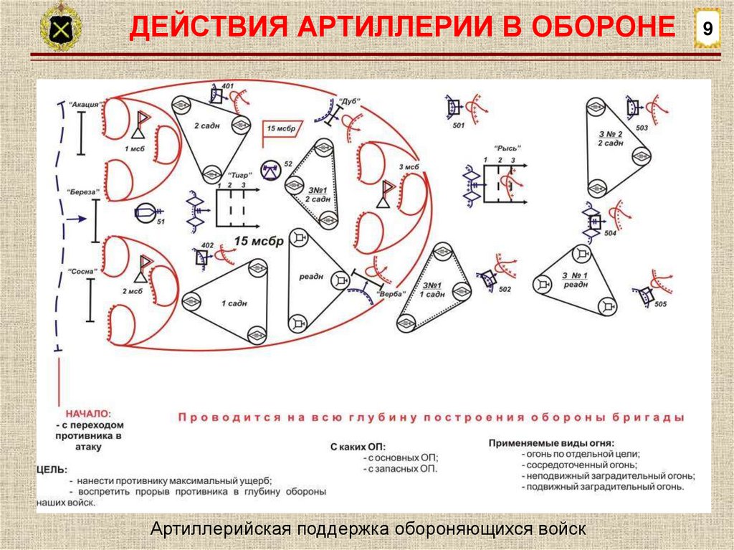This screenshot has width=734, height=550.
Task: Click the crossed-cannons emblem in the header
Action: (60, 28)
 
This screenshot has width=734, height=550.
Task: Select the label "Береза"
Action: (82, 192)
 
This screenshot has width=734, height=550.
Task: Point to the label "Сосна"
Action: (82, 272)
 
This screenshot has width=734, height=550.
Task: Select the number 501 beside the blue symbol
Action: (459, 126)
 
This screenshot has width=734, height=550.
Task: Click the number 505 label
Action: (660, 304)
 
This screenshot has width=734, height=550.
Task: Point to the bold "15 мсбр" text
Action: (258, 240)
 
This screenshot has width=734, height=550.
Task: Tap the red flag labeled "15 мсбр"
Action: (282, 128)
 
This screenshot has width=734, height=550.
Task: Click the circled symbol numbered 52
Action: (270, 170)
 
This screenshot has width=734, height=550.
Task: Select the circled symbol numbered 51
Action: (144, 212)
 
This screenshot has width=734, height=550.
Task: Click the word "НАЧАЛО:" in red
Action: (88, 414)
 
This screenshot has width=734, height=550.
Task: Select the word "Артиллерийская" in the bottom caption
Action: (218, 529)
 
